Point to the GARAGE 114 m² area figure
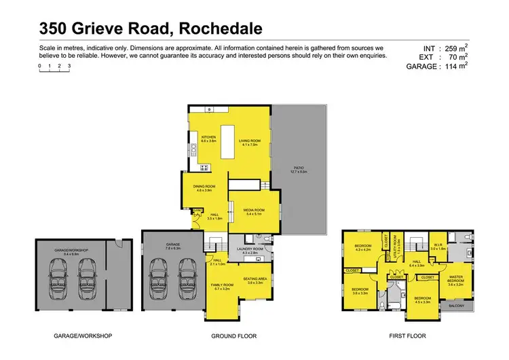coord(447,67)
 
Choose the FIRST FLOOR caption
coord(406,336)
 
